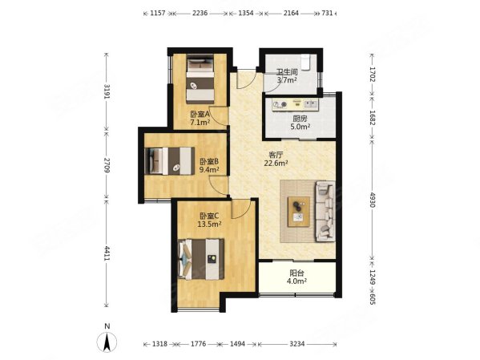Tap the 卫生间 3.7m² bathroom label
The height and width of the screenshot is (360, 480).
point(287,76)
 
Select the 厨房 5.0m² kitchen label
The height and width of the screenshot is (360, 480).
point(300,122)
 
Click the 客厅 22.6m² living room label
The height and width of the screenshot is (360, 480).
point(276,159)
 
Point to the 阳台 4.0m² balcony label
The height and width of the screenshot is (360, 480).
point(296,277)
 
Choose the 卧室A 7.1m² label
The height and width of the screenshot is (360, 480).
point(200,119)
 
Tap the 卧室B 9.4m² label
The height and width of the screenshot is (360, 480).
point(209,165)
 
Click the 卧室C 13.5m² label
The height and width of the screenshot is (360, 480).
point(209,220)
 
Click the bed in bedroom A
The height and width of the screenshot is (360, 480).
point(200,79)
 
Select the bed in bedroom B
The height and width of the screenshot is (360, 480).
point(169,161)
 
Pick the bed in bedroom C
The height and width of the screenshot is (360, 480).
point(201,259)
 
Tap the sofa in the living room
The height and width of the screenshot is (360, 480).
point(325,211)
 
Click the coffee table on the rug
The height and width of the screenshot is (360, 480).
point(298,212)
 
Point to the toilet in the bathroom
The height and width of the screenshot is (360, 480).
point(305,62)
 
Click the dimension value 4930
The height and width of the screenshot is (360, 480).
point(372,200)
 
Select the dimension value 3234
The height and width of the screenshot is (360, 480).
point(297,344)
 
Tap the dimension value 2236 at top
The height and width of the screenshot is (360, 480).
point(200,13)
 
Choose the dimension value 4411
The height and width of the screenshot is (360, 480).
point(107,253)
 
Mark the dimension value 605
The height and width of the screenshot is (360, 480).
point(372,298)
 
